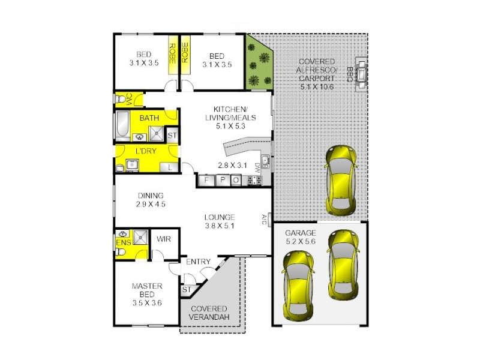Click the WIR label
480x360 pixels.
pyautogui.click(x=164, y=239)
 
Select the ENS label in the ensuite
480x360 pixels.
pyautogui.click(x=124, y=242)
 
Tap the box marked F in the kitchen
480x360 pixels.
pyautogui.click(x=206, y=179)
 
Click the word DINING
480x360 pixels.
pyautogui.click(x=150, y=196)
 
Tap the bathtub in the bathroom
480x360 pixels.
pyautogui.click(x=121, y=126)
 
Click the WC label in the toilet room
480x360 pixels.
pyautogui.click(x=128, y=98)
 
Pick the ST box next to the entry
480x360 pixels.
pyautogui.click(x=186, y=290)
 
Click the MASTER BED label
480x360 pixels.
pyautogui.click(x=147, y=290)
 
